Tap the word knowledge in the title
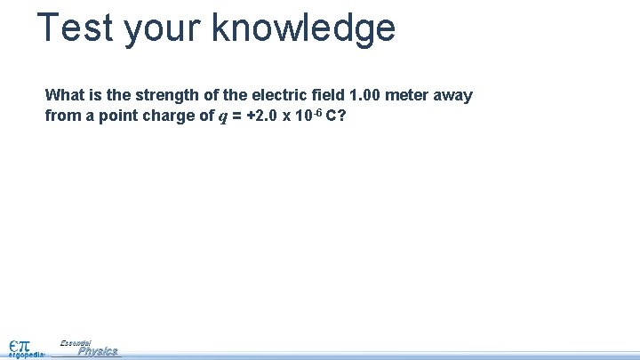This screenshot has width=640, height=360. [x=303, y=28]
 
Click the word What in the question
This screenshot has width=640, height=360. [x=63, y=95]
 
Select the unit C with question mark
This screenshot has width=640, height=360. [x=335, y=116]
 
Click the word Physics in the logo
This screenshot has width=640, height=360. [x=98, y=351]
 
